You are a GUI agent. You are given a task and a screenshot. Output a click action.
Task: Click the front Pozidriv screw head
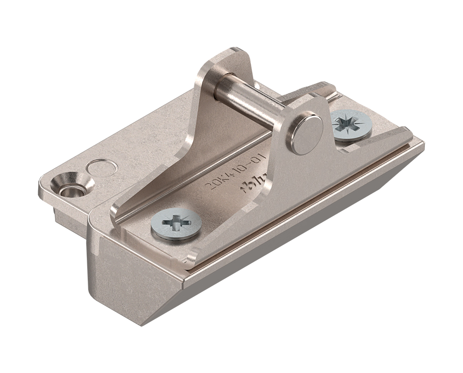176,224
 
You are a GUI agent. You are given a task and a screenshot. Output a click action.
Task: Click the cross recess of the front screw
176,223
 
